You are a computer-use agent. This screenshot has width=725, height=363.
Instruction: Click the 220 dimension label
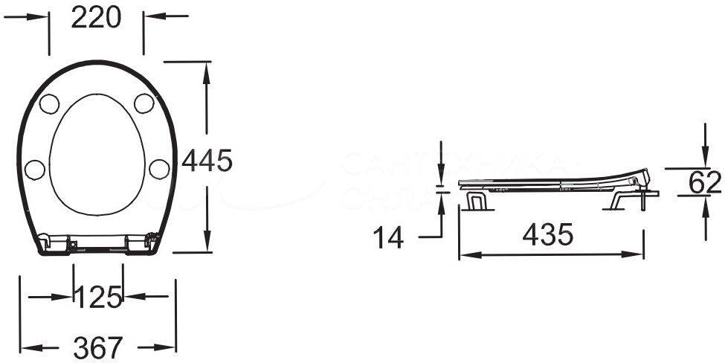click(96, 18)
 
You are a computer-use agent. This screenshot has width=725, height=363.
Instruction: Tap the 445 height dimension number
click(207, 160)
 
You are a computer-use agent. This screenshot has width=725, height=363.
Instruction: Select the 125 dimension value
click(97, 298)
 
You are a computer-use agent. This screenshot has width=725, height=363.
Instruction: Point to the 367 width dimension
click(97, 346)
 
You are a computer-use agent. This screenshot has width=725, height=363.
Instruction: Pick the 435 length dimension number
click(547, 236)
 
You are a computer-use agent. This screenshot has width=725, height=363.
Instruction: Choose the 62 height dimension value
click(704, 182)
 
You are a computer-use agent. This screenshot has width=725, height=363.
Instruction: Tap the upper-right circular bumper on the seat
click(144, 103)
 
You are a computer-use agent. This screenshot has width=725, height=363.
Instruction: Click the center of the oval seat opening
click(97, 157)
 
